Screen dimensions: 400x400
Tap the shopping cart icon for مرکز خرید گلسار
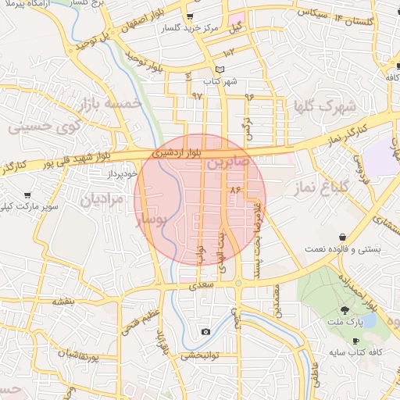tap(191, 16)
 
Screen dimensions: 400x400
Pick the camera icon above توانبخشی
tap(205, 332)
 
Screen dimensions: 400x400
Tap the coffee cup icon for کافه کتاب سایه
tap(356, 341)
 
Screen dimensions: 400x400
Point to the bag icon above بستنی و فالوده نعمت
tap(343, 237)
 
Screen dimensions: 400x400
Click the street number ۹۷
tap(196, 95)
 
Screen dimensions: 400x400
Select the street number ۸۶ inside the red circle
tap(234, 190)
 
